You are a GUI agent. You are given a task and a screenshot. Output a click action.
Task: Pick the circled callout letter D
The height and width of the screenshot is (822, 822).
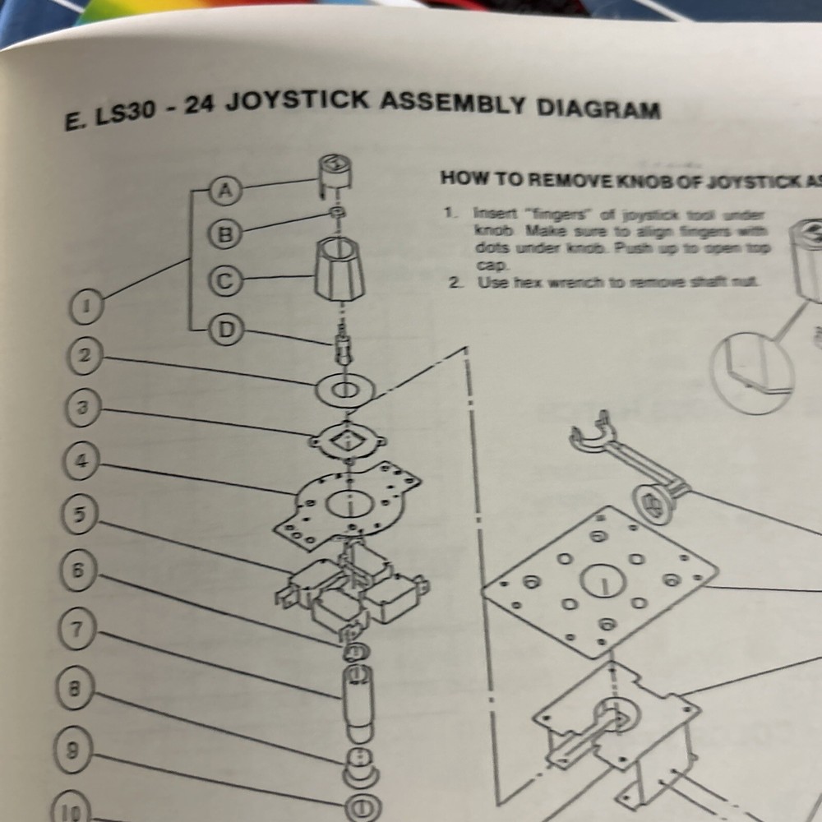click(x=224, y=330)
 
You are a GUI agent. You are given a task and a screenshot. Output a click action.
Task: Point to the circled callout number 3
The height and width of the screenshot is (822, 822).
click(x=82, y=407)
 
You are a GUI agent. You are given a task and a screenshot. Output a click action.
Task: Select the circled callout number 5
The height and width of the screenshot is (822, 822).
click(x=80, y=515)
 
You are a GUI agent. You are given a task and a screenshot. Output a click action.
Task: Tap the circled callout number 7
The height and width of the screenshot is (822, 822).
click(x=76, y=630)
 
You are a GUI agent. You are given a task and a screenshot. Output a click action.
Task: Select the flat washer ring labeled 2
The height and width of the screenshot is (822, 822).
click(x=344, y=390)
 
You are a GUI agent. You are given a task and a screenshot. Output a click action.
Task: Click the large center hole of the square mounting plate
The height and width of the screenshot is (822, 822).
click(x=604, y=584)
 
